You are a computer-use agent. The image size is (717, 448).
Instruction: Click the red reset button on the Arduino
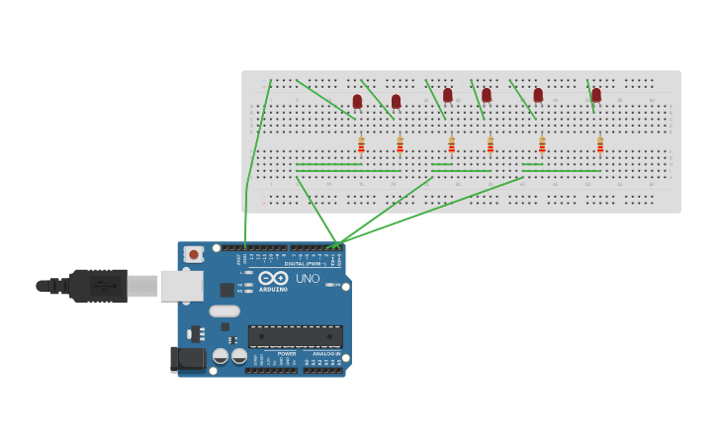click(x=194, y=254)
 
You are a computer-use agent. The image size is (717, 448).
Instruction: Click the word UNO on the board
click(x=308, y=279)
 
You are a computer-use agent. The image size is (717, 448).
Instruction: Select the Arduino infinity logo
click(x=273, y=278)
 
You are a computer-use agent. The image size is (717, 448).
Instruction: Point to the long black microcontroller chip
click(x=295, y=336)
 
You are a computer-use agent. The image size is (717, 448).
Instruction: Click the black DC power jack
click(x=187, y=359)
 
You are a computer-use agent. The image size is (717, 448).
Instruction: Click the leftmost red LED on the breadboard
click(x=357, y=101)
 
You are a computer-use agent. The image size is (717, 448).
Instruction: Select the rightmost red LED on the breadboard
click(x=595, y=95)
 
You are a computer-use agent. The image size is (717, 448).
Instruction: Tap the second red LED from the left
click(x=396, y=101)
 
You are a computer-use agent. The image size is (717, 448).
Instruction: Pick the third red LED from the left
click(x=447, y=95)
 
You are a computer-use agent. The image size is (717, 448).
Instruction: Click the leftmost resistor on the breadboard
click(x=361, y=145)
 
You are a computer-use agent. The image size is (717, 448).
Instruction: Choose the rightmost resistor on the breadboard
click(x=599, y=145)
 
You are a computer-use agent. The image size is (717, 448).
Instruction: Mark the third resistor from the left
click(x=451, y=145)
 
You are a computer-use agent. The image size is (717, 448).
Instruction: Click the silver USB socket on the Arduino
click(x=181, y=286)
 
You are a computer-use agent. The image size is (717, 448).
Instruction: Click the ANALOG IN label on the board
click(x=326, y=353)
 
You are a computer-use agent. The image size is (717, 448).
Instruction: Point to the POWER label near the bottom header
click(x=286, y=353)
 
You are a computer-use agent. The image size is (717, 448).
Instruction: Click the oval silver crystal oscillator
click(x=224, y=311)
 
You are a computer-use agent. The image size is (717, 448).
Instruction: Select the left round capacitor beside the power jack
click(x=221, y=355)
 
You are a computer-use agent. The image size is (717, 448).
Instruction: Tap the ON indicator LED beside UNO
click(x=330, y=285)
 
